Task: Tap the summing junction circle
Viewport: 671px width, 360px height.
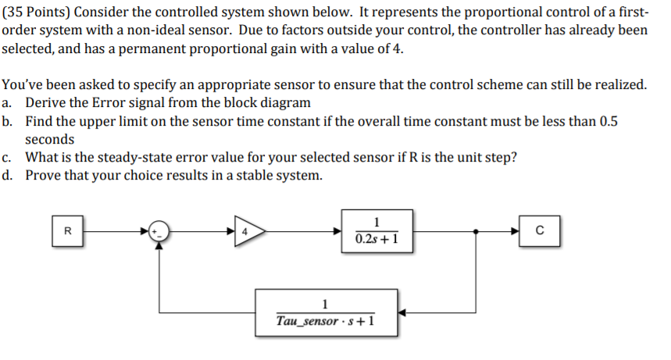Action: click(159, 231)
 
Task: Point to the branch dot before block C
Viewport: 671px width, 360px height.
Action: click(476, 231)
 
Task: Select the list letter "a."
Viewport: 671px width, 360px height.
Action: click(9, 102)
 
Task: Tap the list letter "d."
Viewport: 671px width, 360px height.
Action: click(9, 175)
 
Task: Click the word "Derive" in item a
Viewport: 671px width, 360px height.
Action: click(46, 102)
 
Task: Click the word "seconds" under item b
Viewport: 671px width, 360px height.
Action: click(50, 139)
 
